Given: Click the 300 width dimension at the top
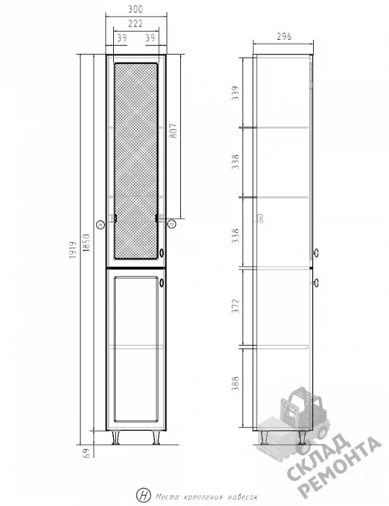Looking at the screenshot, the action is coord(135,9).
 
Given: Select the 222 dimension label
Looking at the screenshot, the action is coord(135,23).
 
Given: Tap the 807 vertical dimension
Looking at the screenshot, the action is coord(173,131).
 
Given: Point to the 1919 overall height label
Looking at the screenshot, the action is coord(73,250).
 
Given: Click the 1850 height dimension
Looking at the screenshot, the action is coord(86,243).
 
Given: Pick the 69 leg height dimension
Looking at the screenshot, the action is coord(86,453).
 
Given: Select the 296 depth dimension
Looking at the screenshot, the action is coord(284,37).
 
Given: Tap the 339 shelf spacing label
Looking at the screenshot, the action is coord(236,93).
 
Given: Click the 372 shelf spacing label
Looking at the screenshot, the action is coord(236,305).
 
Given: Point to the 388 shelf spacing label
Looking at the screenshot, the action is coord(236,383).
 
